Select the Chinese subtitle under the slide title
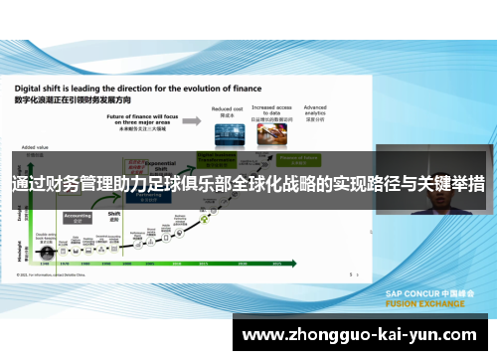pyautogui.click(x=66, y=99)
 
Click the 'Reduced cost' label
pyautogui.click(x=227, y=108)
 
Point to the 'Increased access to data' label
pyautogui.click(x=270, y=111)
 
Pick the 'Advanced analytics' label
pyautogui.click(x=315, y=109)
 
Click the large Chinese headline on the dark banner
pyautogui.click(x=248, y=185)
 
